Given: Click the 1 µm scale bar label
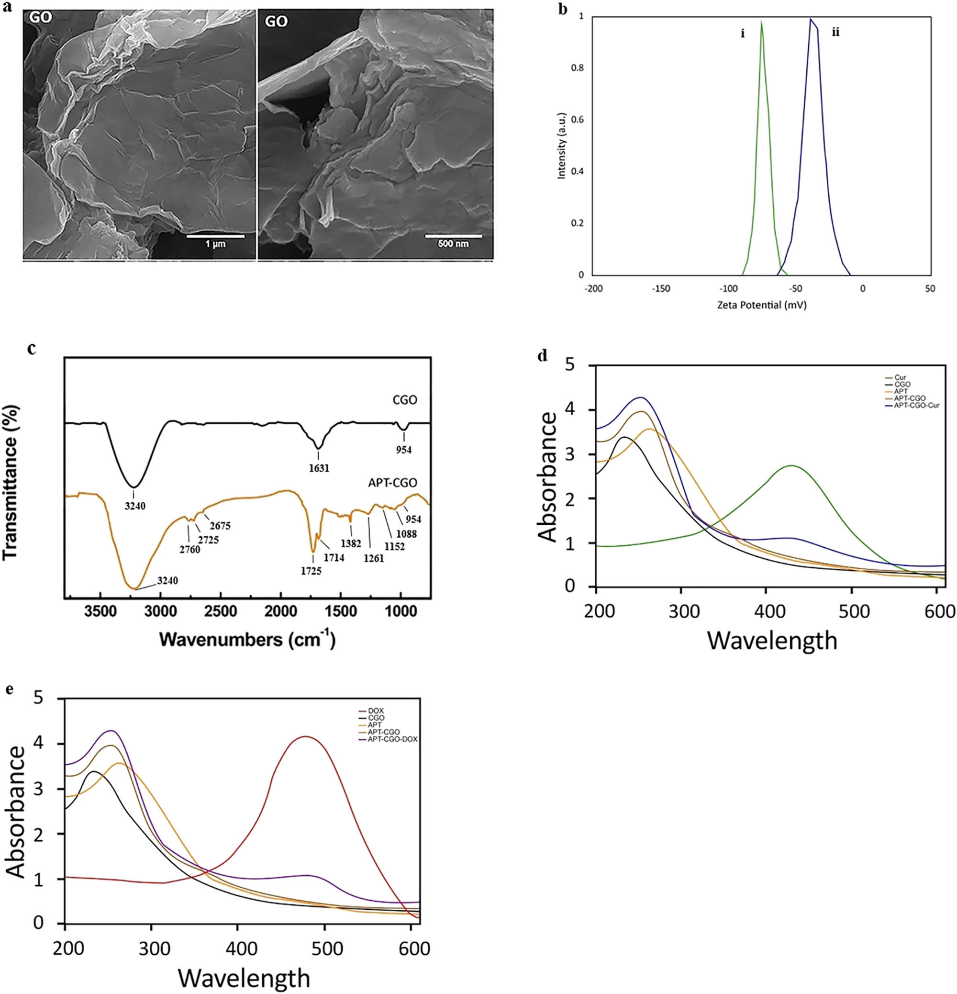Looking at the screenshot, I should pyautogui.click(x=215, y=244).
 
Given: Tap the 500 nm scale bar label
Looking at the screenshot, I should pyautogui.click(x=453, y=244).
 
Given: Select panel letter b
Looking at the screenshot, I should pyautogui.click(x=563, y=9).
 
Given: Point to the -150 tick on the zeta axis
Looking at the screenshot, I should pyautogui.click(x=661, y=289).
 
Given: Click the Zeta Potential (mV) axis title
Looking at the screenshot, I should pyautogui.click(x=762, y=305).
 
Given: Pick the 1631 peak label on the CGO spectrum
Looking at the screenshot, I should pyautogui.click(x=318, y=468).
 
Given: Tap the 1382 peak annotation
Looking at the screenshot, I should pyautogui.click(x=351, y=543).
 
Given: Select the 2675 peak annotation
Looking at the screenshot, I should pyautogui.click(x=221, y=526).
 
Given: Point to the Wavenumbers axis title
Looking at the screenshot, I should pyautogui.click(x=247, y=640).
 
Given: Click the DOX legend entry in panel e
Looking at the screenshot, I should pyautogui.click(x=376, y=711).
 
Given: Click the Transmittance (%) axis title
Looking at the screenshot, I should pyautogui.click(x=11, y=482).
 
